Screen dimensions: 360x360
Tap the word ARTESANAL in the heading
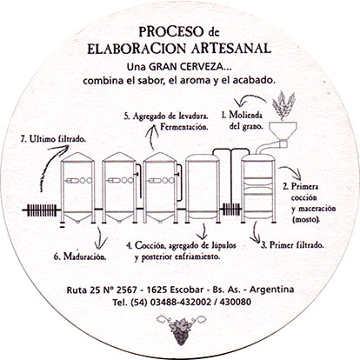[231, 48]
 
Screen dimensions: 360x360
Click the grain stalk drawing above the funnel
[283, 105]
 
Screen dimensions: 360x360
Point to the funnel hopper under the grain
[283, 130]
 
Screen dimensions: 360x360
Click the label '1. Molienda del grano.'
[243, 121]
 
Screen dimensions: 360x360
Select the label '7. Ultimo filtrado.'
[53, 139]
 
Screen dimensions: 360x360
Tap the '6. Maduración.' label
[80, 257]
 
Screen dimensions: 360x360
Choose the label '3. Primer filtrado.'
[292, 245]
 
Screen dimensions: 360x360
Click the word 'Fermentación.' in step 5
[184, 127]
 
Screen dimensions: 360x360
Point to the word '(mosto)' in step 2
[306, 219]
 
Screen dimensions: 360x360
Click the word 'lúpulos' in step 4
[221, 245]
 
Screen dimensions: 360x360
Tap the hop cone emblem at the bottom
[180, 330]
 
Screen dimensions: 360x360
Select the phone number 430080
[236, 302]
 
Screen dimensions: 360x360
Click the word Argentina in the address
[272, 290]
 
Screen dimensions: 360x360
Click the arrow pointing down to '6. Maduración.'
[101, 237]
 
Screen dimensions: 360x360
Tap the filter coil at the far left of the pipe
[42, 210]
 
